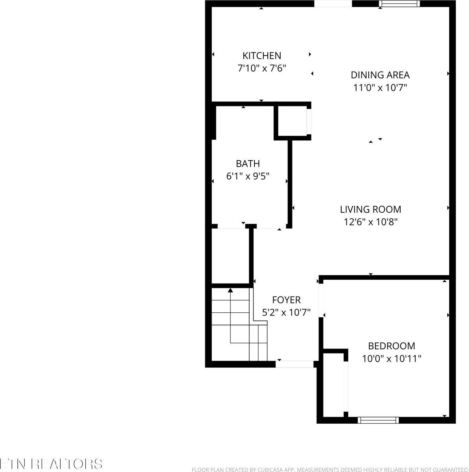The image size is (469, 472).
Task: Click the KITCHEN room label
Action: tap(261, 55)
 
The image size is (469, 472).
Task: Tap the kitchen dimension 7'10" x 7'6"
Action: tap(261, 68)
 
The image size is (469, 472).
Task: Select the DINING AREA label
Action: tap(380, 75)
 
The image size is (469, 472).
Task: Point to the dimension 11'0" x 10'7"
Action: tap(380, 87)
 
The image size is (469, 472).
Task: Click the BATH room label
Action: tap(248, 164)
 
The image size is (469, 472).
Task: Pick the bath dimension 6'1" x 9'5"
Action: tap(248, 176)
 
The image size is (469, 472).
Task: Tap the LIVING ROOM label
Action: tap(370, 209)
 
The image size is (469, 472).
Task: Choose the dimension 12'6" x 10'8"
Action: tap(370, 222)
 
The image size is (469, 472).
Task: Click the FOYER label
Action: tap(286, 300)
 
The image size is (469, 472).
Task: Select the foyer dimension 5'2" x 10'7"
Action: tap(286, 312)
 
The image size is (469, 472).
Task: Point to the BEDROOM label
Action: tap(391, 346)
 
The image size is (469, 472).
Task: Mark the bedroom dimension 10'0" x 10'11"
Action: tap(391, 358)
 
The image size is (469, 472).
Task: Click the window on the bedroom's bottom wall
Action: tap(378, 420)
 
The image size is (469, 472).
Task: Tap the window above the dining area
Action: tap(399, 4)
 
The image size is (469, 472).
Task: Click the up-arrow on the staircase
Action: tap(230, 291)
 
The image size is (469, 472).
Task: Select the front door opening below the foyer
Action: tap(295, 364)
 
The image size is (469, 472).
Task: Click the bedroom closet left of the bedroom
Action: tap(333, 383)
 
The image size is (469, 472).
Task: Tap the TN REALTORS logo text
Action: tap(51, 463)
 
